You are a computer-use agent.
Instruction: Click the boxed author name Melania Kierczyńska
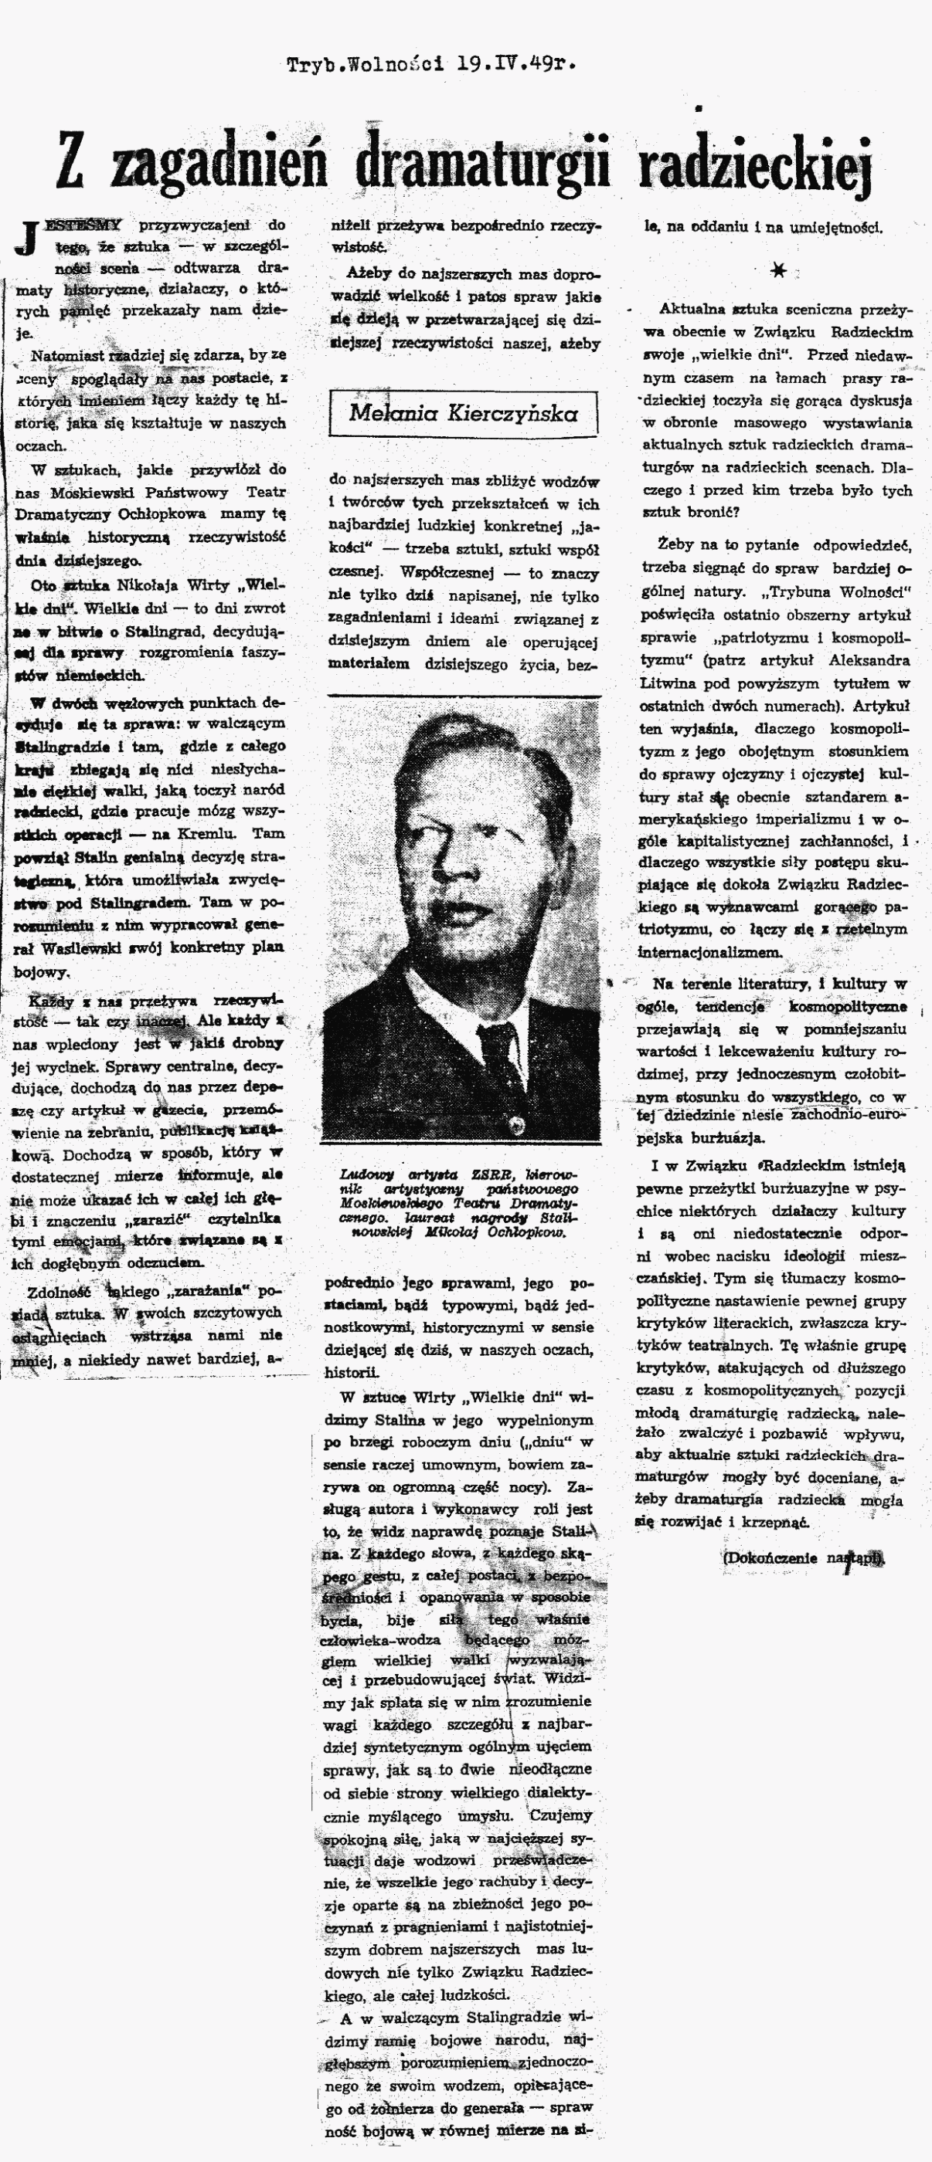(463, 412)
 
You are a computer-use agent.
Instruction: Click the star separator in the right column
(779, 270)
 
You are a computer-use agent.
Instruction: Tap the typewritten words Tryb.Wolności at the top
(366, 65)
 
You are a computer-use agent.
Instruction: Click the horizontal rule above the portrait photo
(462, 696)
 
